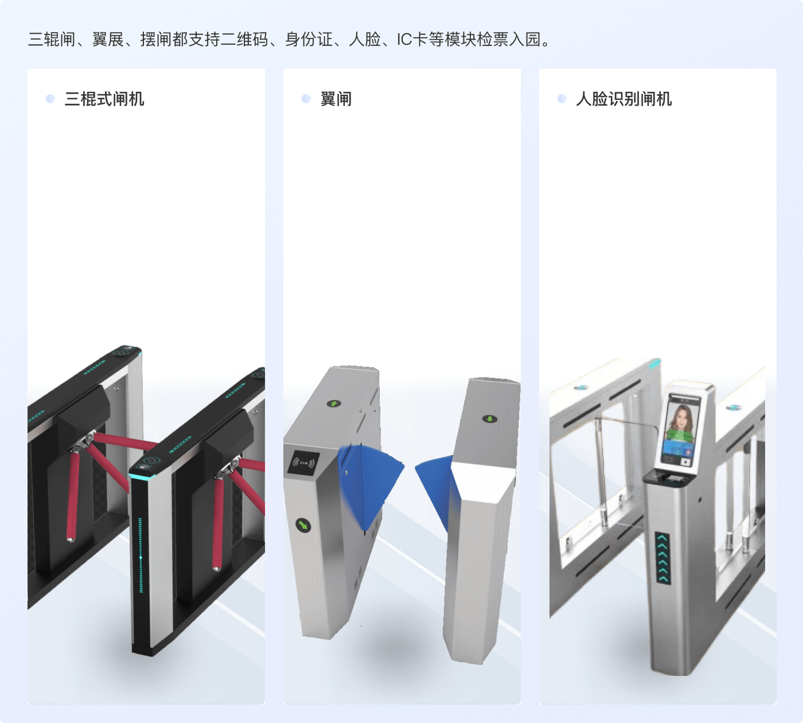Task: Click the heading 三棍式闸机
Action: [104, 99]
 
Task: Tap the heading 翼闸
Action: [336, 99]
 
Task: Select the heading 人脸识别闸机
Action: [623, 99]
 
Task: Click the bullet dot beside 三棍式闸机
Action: [50, 99]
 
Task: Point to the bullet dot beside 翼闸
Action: [306, 99]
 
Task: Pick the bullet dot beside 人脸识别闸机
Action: [562, 99]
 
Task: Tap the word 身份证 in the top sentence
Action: [309, 39]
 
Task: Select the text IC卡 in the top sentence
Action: [412, 39]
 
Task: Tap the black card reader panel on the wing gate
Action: [304, 462]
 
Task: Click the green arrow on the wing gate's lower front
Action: [303, 524]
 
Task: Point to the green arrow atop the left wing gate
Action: [334, 403]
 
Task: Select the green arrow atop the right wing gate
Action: [490, 419]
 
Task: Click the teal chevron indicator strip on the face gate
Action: [663, 558]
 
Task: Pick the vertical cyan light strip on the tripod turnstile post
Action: [141, 555]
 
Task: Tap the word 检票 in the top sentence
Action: [492, 39]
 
